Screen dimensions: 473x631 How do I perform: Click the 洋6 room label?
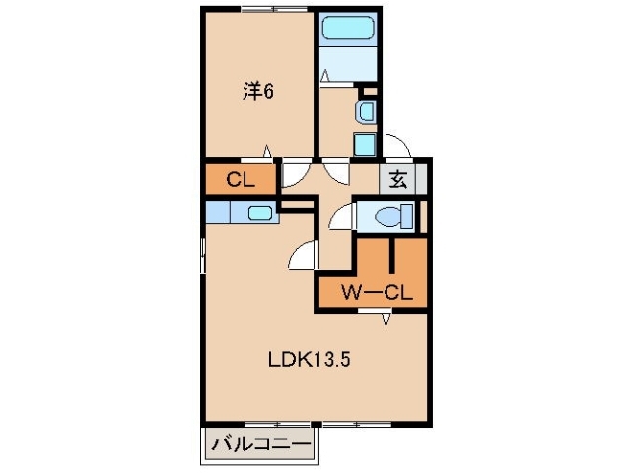click(x=258, y=91)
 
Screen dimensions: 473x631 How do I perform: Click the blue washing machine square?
click(x=364, y=146)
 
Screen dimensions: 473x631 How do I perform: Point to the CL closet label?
click(x=240, y=180)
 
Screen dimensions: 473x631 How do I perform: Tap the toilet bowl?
click(x=400, y=215)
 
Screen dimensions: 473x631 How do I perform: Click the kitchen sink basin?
click(x=260, y=212)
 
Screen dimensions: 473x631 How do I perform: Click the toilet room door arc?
click(x=341, y=217)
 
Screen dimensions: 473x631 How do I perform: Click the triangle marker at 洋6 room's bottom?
click(x=267, y=151)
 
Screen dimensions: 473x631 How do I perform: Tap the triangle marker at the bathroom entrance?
click(x=326, y=75)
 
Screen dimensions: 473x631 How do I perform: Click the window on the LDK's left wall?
click(x=203, y=258)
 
